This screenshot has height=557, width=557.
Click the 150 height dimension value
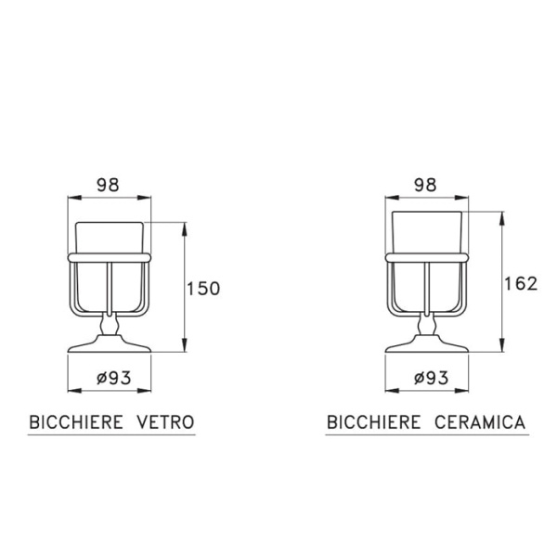203,289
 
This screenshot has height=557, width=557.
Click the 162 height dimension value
521,284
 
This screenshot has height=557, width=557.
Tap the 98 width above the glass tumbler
109,185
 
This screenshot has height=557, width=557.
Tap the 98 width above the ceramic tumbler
425,185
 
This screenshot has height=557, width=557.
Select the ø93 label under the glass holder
113,378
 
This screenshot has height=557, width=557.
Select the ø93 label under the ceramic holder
431,378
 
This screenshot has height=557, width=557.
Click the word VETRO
166,422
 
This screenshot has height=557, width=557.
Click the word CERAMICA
480,422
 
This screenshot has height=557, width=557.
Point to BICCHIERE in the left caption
76,422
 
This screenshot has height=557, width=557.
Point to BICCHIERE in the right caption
374,422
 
